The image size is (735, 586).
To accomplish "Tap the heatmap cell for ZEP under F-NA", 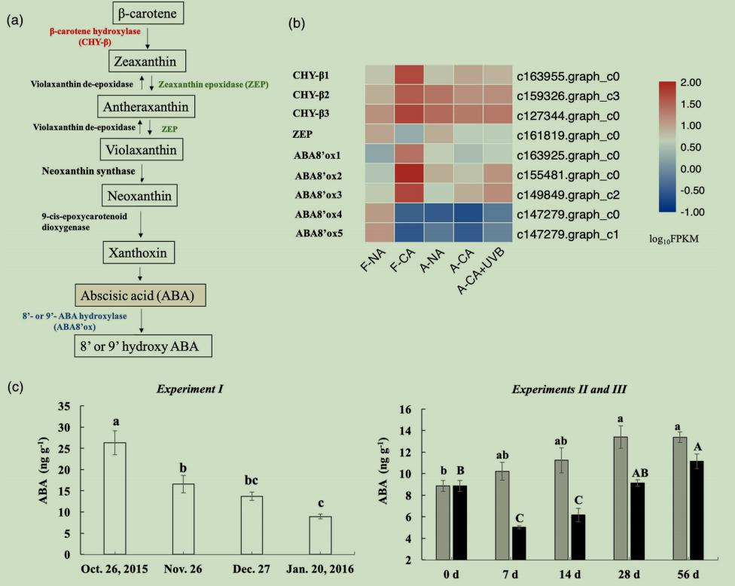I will [380, 134].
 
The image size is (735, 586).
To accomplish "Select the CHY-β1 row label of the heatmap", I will [316, 75].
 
